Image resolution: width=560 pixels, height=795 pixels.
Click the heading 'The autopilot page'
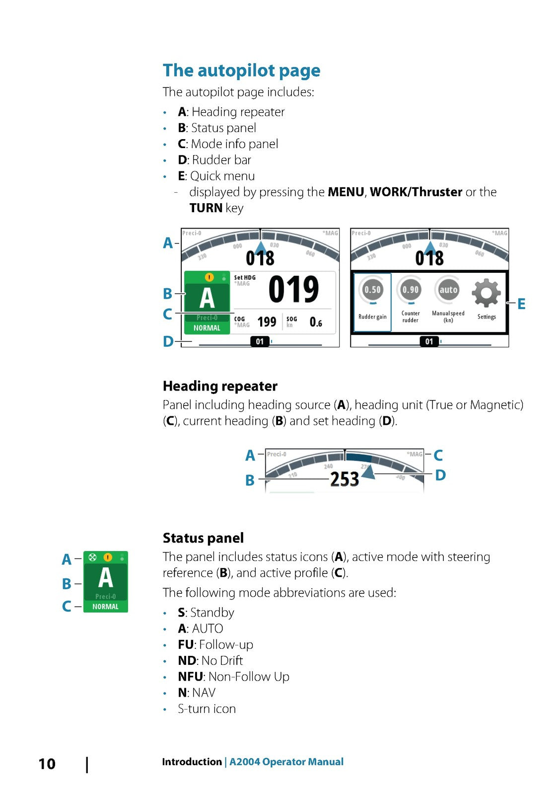[241, 71]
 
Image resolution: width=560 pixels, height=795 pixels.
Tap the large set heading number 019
[293, 290]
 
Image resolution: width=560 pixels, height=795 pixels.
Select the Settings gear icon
[486, 293]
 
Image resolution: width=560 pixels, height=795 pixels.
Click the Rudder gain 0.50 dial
[372, 290]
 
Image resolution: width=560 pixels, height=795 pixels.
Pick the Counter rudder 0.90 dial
[411, 290]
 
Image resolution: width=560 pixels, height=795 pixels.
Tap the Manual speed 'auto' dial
[448, 290]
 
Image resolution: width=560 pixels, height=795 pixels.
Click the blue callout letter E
[521, 304]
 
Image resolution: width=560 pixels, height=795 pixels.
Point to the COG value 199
[267, 322]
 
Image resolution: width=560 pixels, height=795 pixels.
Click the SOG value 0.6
[316, 322]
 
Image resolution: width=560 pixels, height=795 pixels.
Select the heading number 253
[345, 479]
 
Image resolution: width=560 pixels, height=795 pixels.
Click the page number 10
[47, 764]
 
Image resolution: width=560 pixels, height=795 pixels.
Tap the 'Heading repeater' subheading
[220, 386]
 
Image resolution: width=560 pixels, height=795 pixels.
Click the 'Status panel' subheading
[203, 538]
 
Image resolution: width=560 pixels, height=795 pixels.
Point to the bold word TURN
[206, 208]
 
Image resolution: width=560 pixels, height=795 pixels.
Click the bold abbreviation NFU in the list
[190, 677]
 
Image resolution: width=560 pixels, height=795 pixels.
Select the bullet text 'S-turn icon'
[207, 709]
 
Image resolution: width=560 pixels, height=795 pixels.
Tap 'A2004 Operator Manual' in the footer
[286, 762]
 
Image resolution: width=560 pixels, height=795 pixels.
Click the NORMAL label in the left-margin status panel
[105, 607]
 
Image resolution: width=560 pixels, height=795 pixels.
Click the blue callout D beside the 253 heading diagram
[440, 476]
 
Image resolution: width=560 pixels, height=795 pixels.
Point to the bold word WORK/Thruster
[416, 192]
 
